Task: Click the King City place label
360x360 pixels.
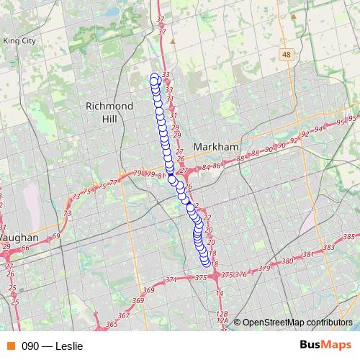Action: pyautogui.click(x=19, y=42)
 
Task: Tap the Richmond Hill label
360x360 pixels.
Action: pyautogui.click(x=109, y=112)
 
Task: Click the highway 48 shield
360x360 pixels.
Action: pyautogui.click(x=287, y=55)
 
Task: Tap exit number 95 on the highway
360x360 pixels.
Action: pyautogui.click(x=353, y=118)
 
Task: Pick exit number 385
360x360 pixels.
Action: pyautogui.click(x=349, y=237)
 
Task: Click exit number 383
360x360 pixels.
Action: pyautogui.click(x=329, y=248)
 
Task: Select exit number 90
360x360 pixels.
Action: pyautogui.click(x=268, y=149)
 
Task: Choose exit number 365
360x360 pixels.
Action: pyautogui.click(x=112, y=325)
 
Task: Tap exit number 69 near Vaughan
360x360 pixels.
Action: pyautogui.click(x=56, y=236)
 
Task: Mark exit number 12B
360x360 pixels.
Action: pyautogui.click(x=222, y=314)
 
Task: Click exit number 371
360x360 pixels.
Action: pyautogui.click(x=171, y=279)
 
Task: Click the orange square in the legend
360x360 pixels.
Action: pyautogui.click(x=11, y=346)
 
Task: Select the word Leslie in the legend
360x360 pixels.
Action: pyautogui.click(x=69, y=346)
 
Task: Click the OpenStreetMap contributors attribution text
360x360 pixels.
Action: pyautogui.click(x=297, y=322)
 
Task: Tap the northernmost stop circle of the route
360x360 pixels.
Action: pyautogui.click(x=153, y=77)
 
